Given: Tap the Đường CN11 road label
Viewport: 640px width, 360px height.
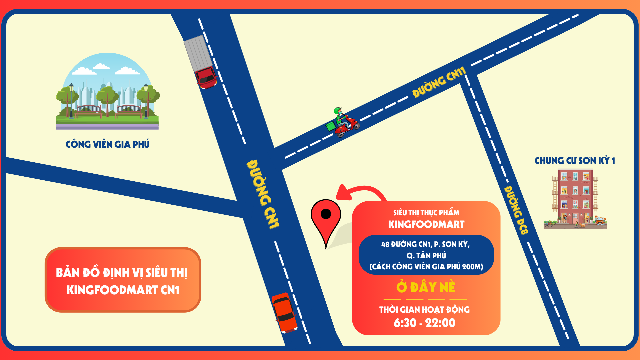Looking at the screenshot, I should point(439,82).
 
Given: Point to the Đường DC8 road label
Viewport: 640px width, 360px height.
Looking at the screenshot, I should point(516,210).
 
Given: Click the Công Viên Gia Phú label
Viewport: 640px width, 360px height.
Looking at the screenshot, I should point(107,144).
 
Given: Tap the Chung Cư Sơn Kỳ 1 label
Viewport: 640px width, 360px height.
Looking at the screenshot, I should point(575,161).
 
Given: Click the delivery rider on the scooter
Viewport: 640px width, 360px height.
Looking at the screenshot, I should point(343,121).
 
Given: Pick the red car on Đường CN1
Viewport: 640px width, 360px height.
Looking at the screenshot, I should point(284,313).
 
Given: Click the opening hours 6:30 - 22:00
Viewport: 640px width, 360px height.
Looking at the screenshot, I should point(424,323).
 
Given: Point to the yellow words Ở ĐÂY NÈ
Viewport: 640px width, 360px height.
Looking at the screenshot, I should point(426,287).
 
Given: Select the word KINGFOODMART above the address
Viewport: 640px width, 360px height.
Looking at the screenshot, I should point(426,224).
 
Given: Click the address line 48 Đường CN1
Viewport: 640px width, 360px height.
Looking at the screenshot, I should point(426,244).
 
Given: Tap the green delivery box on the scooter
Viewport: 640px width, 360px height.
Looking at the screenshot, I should point(331,126).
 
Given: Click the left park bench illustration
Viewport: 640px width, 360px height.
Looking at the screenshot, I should point(88,111).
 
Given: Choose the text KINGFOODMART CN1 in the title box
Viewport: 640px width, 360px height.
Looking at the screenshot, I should point(123,290).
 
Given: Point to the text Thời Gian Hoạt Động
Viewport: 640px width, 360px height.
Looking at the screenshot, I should point(424,310).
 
